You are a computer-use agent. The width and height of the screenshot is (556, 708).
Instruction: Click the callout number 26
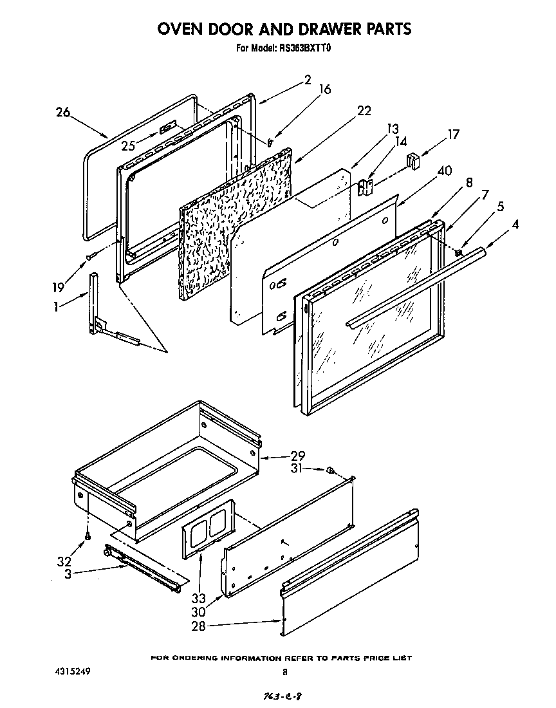tap(62, 113)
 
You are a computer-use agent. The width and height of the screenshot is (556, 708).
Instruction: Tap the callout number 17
tap(454, 135)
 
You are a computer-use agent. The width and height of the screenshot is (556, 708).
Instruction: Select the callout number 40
tap(443, 171)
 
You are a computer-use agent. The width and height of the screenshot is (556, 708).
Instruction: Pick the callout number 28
tap(198, 626)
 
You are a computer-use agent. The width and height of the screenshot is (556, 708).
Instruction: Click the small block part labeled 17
tap(412, 160)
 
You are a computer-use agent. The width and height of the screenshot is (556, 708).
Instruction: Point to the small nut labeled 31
tap(329, 470)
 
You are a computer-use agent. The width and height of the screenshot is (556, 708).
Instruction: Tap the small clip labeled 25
tap(167, 129)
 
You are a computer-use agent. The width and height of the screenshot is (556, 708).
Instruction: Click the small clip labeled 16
tap(270, 142)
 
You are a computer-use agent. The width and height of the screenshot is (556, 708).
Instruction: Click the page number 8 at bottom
tap(284, 672)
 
